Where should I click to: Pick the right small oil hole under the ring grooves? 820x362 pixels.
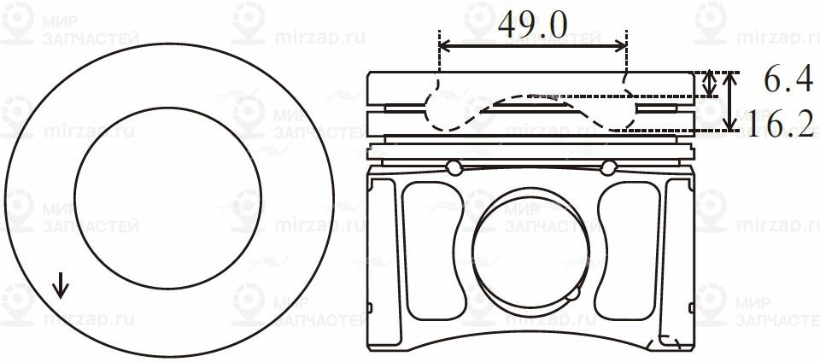click(x=608, y=166)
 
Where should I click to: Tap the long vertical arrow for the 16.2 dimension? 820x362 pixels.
click(x=729, y=102)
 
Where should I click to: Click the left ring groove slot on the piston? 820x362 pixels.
click(x=405, y=108)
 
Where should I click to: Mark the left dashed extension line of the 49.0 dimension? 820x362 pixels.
click(x=439, y=60)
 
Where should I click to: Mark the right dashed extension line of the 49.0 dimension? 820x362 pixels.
click(x=626, y=60)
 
